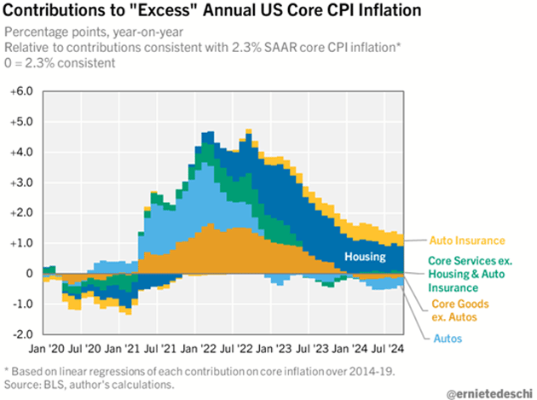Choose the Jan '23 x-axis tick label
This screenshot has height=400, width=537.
pyautogui.click(x=276, y=348)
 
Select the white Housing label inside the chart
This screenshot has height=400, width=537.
pyautogui.click(x=367, y=256)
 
